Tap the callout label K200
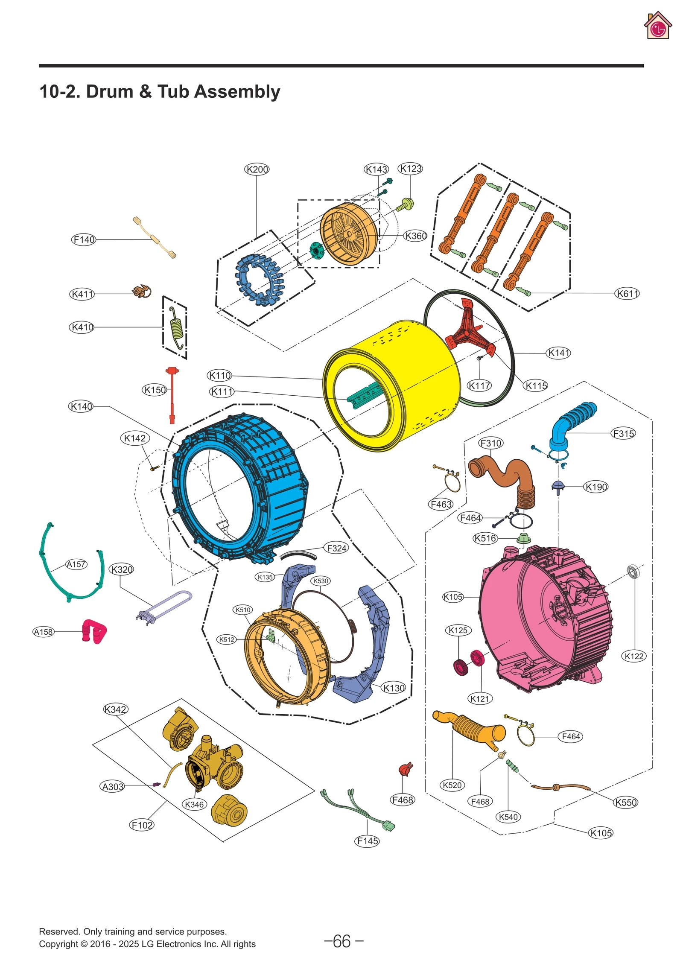click(257, 169)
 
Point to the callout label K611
click(627, 293)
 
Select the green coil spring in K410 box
click(177, 327)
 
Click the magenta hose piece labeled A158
click(94, 631)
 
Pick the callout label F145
click(367, 841)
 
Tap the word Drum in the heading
click(110, 91)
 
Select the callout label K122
click(633, 656)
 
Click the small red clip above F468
click(405, 769)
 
